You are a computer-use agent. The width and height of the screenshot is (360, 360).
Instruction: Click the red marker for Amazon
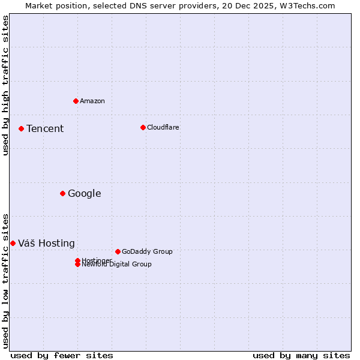[76, 101]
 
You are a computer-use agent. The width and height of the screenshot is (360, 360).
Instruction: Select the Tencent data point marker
[21, 128]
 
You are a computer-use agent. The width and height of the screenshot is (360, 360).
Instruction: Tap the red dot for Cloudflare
[143, 127]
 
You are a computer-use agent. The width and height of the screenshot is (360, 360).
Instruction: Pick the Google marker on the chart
[62, 193]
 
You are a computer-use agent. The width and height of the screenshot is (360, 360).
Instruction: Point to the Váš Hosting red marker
[13, 243]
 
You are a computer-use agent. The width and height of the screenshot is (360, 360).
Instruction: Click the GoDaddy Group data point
[118, 251]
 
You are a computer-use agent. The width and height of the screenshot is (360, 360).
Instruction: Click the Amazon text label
[92, 101]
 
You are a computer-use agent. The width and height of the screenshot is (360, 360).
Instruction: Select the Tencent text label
[45, 128]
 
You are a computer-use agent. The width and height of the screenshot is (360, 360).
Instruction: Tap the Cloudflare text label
[163, 127]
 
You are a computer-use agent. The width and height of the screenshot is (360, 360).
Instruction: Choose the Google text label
[85, 193]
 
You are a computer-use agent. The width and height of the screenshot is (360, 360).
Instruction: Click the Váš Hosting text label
[47, 243]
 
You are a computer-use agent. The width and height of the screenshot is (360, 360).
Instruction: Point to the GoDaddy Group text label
[147, 251]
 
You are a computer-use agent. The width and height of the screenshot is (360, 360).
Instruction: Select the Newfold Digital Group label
[117, 265]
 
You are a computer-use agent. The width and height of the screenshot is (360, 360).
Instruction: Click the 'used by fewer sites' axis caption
[62, 355]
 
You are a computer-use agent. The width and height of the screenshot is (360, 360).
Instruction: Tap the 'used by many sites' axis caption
[301, 355]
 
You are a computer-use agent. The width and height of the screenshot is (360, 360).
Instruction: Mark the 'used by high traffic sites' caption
[5, 85]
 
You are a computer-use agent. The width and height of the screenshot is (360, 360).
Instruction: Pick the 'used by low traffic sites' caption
[5, 280]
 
